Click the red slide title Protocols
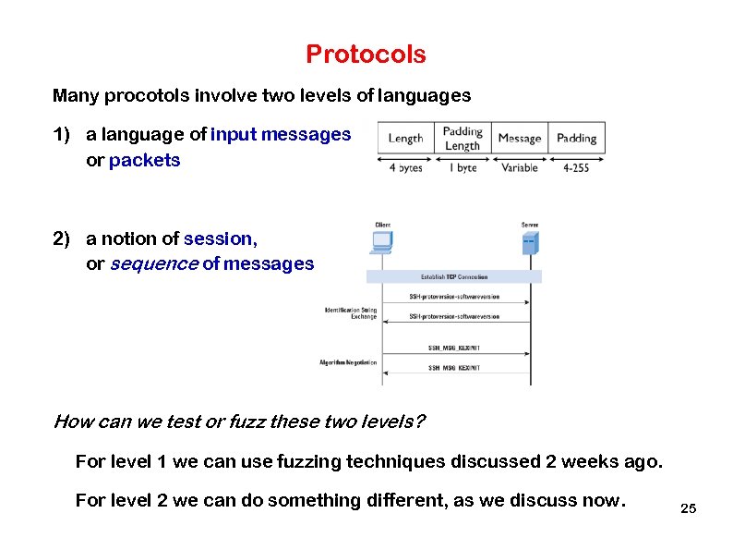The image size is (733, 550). [366, 55]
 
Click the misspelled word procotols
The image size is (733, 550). [143, 95]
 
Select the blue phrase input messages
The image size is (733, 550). [281, 135]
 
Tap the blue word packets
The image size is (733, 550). [145, 160]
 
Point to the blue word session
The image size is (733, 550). [219, 238]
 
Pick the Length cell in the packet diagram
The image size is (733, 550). [405, 138]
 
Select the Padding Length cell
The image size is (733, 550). [463, 138]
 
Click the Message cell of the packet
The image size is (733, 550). [519, 138]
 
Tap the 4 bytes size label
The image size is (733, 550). [405, 168]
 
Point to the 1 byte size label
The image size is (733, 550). [463, 168]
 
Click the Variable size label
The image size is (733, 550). [519, 168]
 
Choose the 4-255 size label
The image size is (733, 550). [576, 168]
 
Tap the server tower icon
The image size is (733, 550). [529, 242]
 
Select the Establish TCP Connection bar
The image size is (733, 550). [454, 276]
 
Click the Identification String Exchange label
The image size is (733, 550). [351, 312]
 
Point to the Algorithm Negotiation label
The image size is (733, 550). [348, 362]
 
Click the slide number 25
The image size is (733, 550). [687, 509]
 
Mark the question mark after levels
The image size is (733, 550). [420, 422]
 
